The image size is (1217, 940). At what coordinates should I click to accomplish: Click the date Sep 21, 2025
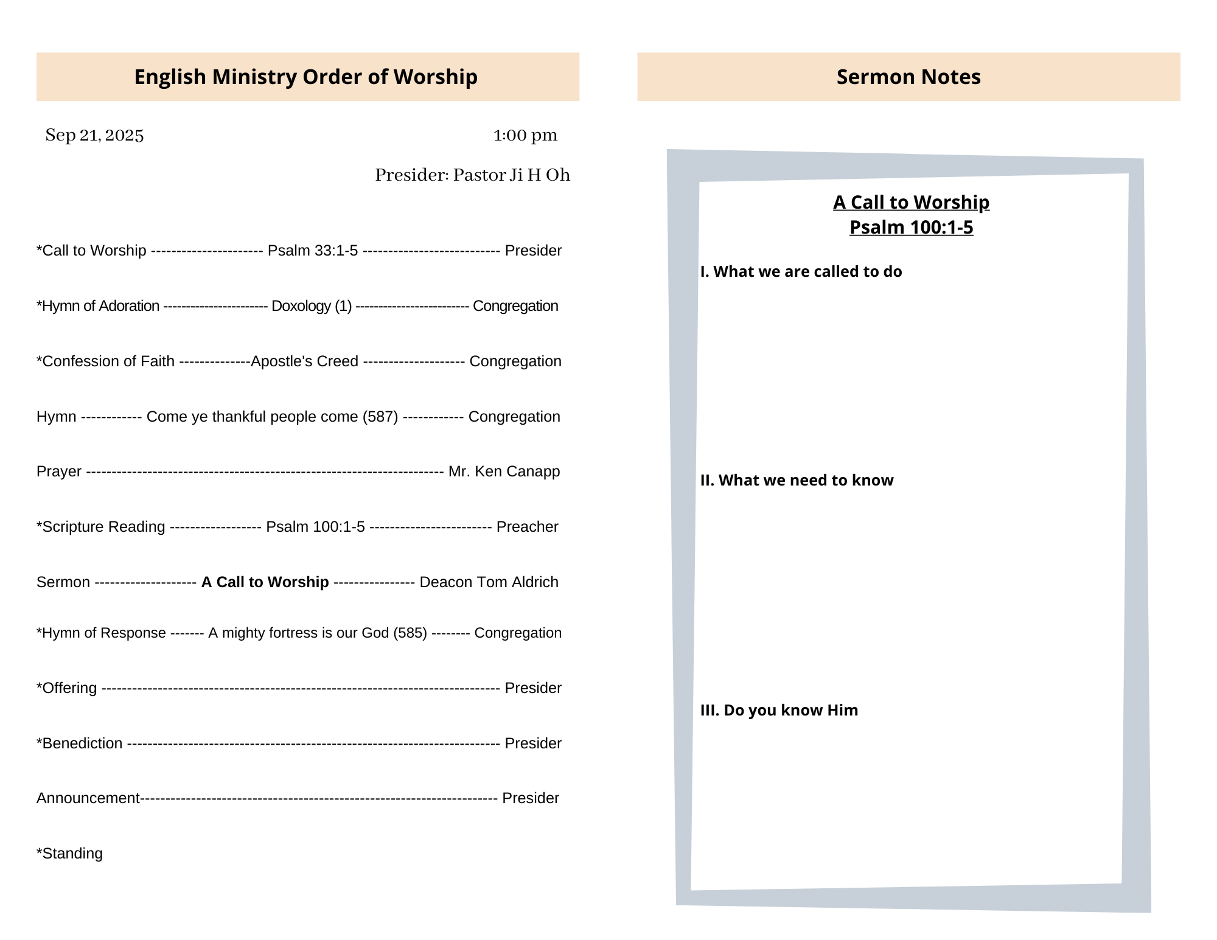pos(94,135)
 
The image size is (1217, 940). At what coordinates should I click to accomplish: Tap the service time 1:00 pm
pos(525,135)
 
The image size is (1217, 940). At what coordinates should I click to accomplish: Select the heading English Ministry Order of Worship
pos(305,77)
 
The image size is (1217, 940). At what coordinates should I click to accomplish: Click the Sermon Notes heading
pos(908,77)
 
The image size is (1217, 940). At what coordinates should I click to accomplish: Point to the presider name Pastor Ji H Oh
pos(511,175)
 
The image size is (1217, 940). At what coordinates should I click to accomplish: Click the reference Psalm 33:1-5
pos(313,251)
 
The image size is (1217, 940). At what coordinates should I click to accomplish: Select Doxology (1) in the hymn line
pos(312,306)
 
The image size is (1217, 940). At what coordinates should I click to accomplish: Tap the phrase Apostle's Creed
pos(304,361)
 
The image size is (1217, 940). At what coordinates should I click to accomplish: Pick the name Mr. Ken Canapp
pos(504,472)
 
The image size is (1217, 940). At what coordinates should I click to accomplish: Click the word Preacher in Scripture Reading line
pos(527,527)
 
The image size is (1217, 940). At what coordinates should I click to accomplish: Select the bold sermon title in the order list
pos(265,582)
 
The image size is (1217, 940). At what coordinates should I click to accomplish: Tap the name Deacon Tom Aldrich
pos(489,582)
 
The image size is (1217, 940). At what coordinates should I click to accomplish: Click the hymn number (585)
pos(410,633)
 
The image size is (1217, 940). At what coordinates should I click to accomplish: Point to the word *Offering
pos(67,688)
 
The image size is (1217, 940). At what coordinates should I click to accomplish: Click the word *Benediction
pos(80,743)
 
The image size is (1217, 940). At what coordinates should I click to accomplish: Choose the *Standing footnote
pos(69,854)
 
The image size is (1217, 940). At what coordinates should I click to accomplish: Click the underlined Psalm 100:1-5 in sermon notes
pos(911,227)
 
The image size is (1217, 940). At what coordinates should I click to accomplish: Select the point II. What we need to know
pos(797,480)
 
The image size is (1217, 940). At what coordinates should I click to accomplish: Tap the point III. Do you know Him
pos(779,710)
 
